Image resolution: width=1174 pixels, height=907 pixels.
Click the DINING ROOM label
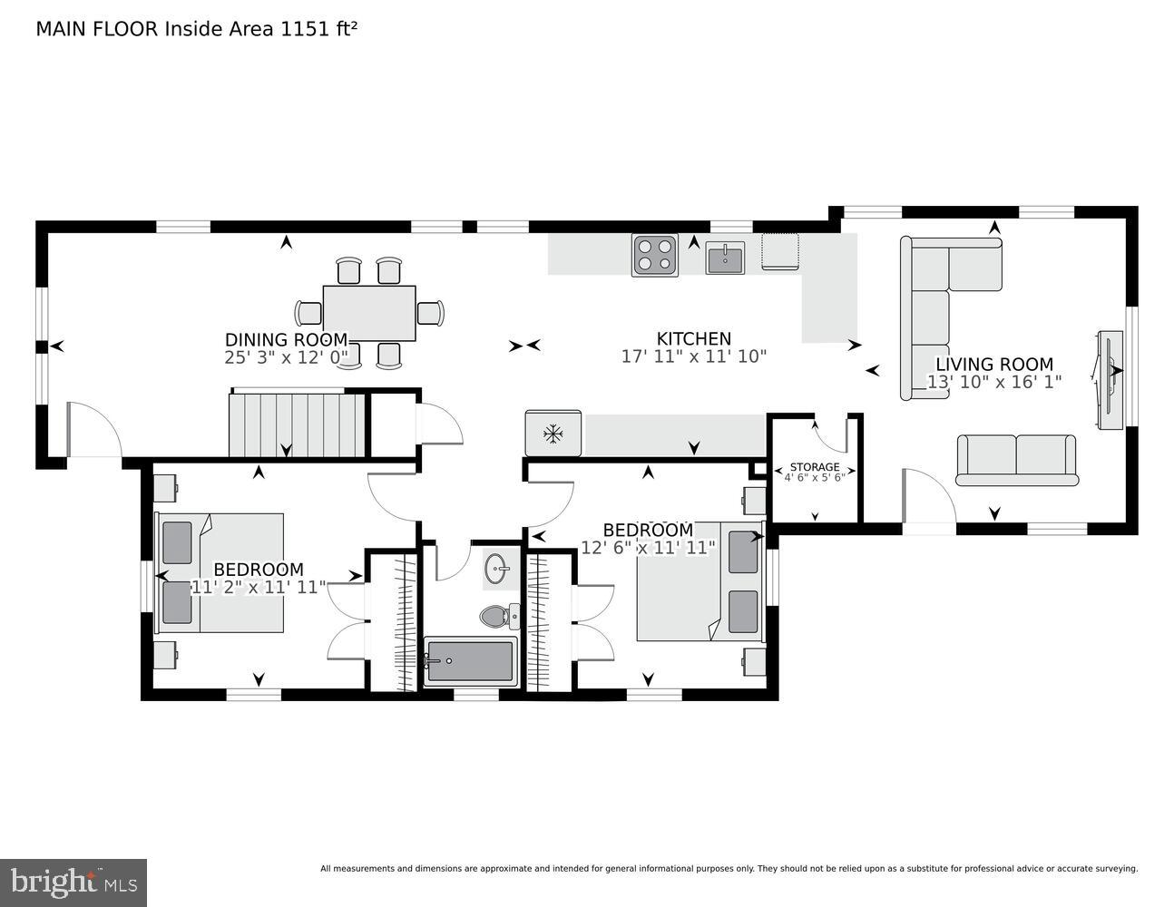coord(286,340)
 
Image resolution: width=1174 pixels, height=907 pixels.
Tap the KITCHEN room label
coord(694,338)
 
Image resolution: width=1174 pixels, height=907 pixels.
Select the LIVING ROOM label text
coord(994,365)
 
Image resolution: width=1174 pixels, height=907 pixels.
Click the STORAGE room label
coord(814,467)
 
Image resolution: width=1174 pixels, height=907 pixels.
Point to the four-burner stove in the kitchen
coord(655,255)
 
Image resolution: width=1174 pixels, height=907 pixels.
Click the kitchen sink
coord(725,258)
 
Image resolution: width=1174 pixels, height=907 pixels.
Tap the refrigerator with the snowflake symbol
coord(553,434)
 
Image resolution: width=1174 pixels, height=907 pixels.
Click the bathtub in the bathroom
coord(470,661)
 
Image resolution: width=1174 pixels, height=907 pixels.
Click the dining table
coord(369,313)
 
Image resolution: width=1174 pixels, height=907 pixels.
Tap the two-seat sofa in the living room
coord(1016,459)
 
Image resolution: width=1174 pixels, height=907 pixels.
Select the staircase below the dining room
coord(297,424)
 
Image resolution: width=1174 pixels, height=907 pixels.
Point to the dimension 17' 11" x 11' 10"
coord(694,356)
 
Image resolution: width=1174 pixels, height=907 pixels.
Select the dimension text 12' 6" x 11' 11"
coord(649,547)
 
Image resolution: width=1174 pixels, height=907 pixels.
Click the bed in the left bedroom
coord(221,572)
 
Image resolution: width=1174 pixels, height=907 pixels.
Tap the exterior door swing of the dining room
coord(94,432)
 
